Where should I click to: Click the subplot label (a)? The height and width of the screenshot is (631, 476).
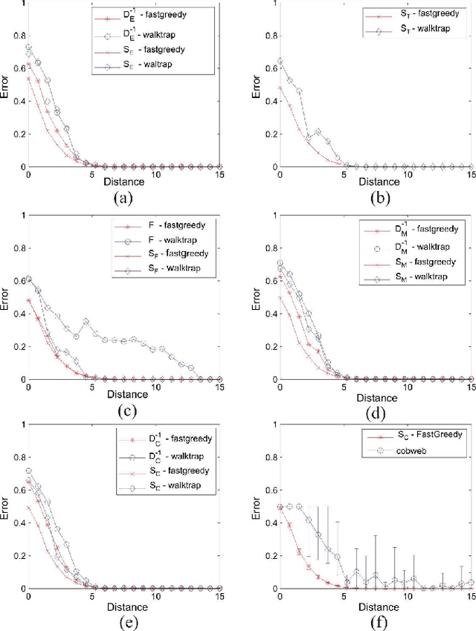123,198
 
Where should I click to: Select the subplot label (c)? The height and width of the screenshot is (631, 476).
123,408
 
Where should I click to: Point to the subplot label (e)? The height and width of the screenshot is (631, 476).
123,620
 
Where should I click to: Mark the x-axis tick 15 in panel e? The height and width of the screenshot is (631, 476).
220,598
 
